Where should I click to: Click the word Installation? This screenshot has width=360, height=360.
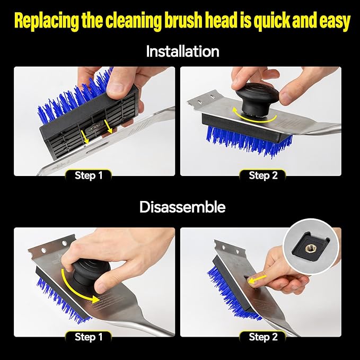click(182, 51)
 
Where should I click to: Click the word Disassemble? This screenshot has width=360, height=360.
click(182, 207)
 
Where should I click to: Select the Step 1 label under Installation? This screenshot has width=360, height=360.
click(89, 175)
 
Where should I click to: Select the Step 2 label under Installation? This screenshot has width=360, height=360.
click(263, 175)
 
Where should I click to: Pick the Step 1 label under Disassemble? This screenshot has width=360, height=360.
click(89, 337)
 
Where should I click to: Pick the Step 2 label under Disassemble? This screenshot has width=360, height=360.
click(263, 337)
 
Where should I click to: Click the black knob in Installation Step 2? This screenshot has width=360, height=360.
click(257, 98)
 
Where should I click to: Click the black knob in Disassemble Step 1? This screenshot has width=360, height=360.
click(90, 271)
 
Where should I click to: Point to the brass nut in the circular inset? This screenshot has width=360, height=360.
click(307, 248)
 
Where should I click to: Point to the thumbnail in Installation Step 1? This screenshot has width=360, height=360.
click(116, 87)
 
